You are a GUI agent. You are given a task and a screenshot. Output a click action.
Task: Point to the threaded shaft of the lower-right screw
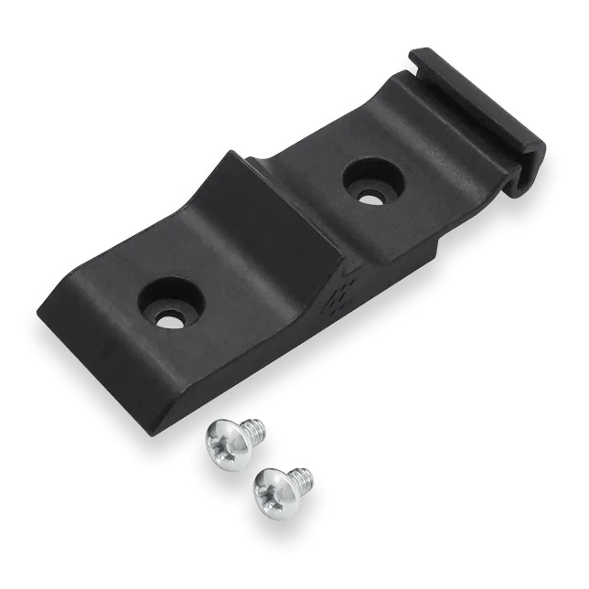(300, 477)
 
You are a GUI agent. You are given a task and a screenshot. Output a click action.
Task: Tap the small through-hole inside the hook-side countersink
(369, 195)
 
